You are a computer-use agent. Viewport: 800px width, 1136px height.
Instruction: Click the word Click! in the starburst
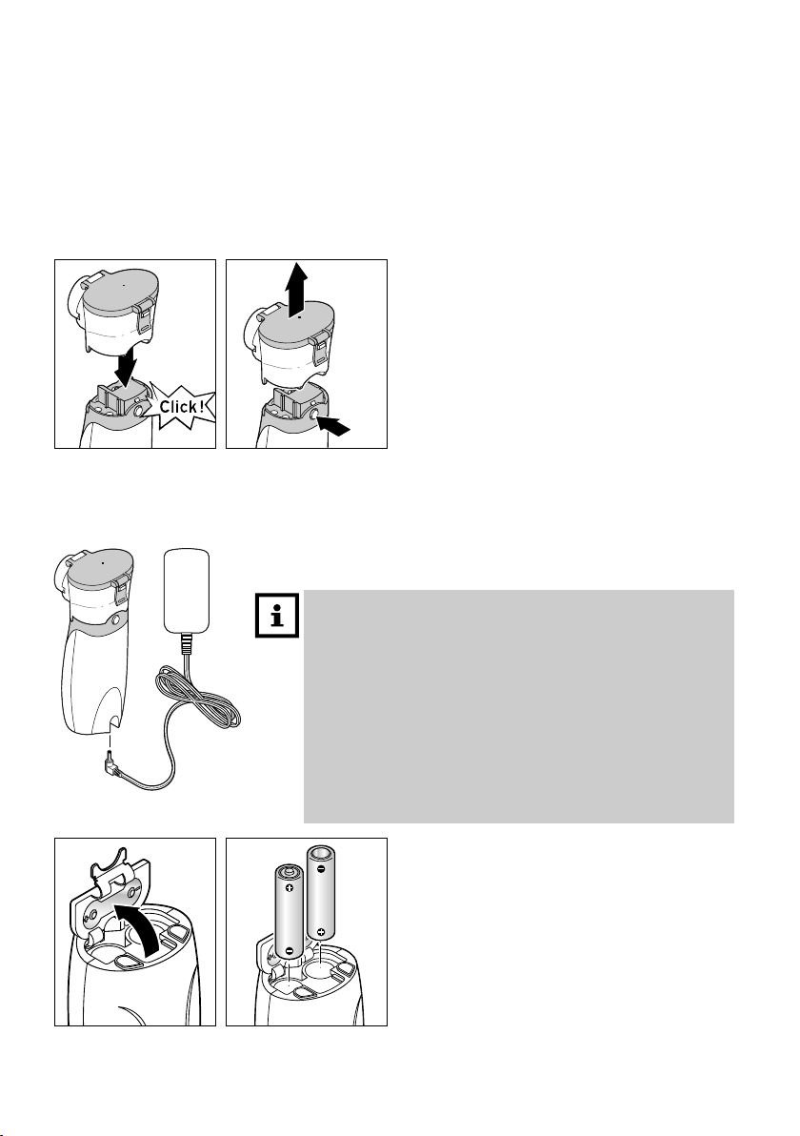183,406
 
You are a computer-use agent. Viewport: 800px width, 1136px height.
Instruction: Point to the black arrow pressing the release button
335,424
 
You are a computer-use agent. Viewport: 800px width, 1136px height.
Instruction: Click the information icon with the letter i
277,616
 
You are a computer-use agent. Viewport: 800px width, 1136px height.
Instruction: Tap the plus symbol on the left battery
289,887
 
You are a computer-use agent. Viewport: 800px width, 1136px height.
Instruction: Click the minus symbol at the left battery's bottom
289,950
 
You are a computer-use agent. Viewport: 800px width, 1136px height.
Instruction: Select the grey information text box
518,706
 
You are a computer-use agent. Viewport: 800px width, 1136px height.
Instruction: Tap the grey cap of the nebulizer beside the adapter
99,568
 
